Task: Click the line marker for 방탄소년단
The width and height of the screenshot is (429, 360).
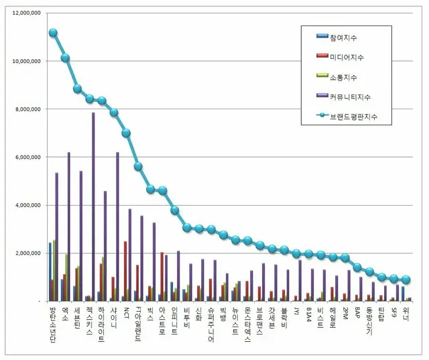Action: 53,32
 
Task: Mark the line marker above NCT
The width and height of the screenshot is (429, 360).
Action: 126,133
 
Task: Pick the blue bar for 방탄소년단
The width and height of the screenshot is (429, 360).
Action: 50,272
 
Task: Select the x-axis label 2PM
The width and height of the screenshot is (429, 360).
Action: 345,313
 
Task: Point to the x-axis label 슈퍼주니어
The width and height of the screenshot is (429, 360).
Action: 212,324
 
